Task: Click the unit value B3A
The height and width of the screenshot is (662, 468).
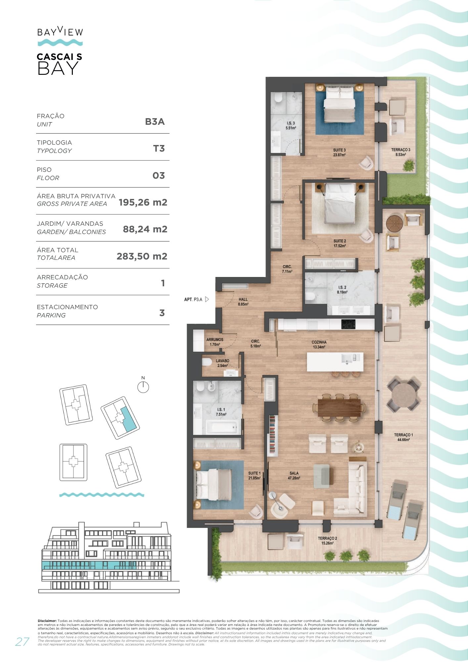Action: coord(155,121)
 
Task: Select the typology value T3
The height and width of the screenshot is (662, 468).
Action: coord(159,148)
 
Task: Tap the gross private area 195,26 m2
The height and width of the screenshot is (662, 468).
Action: coord(143,202)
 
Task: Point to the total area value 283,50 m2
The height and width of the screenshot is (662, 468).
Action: coord(142,256)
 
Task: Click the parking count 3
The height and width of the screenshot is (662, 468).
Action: coord(162,313)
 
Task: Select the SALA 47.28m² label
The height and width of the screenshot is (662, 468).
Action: coord(294,476)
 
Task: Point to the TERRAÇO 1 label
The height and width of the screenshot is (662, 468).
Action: coord(403,435)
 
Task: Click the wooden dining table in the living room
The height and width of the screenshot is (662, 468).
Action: coord(339,407)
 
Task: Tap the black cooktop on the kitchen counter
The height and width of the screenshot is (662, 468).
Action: coord(348,324)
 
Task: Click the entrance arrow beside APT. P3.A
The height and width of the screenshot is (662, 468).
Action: coord(207,299)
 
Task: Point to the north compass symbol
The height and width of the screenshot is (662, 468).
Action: coord(143,387)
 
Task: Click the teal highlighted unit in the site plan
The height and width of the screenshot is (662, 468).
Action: coord(128,419)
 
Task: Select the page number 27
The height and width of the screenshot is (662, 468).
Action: coord(22,641)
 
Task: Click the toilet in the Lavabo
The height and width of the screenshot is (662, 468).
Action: coord(207,362)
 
